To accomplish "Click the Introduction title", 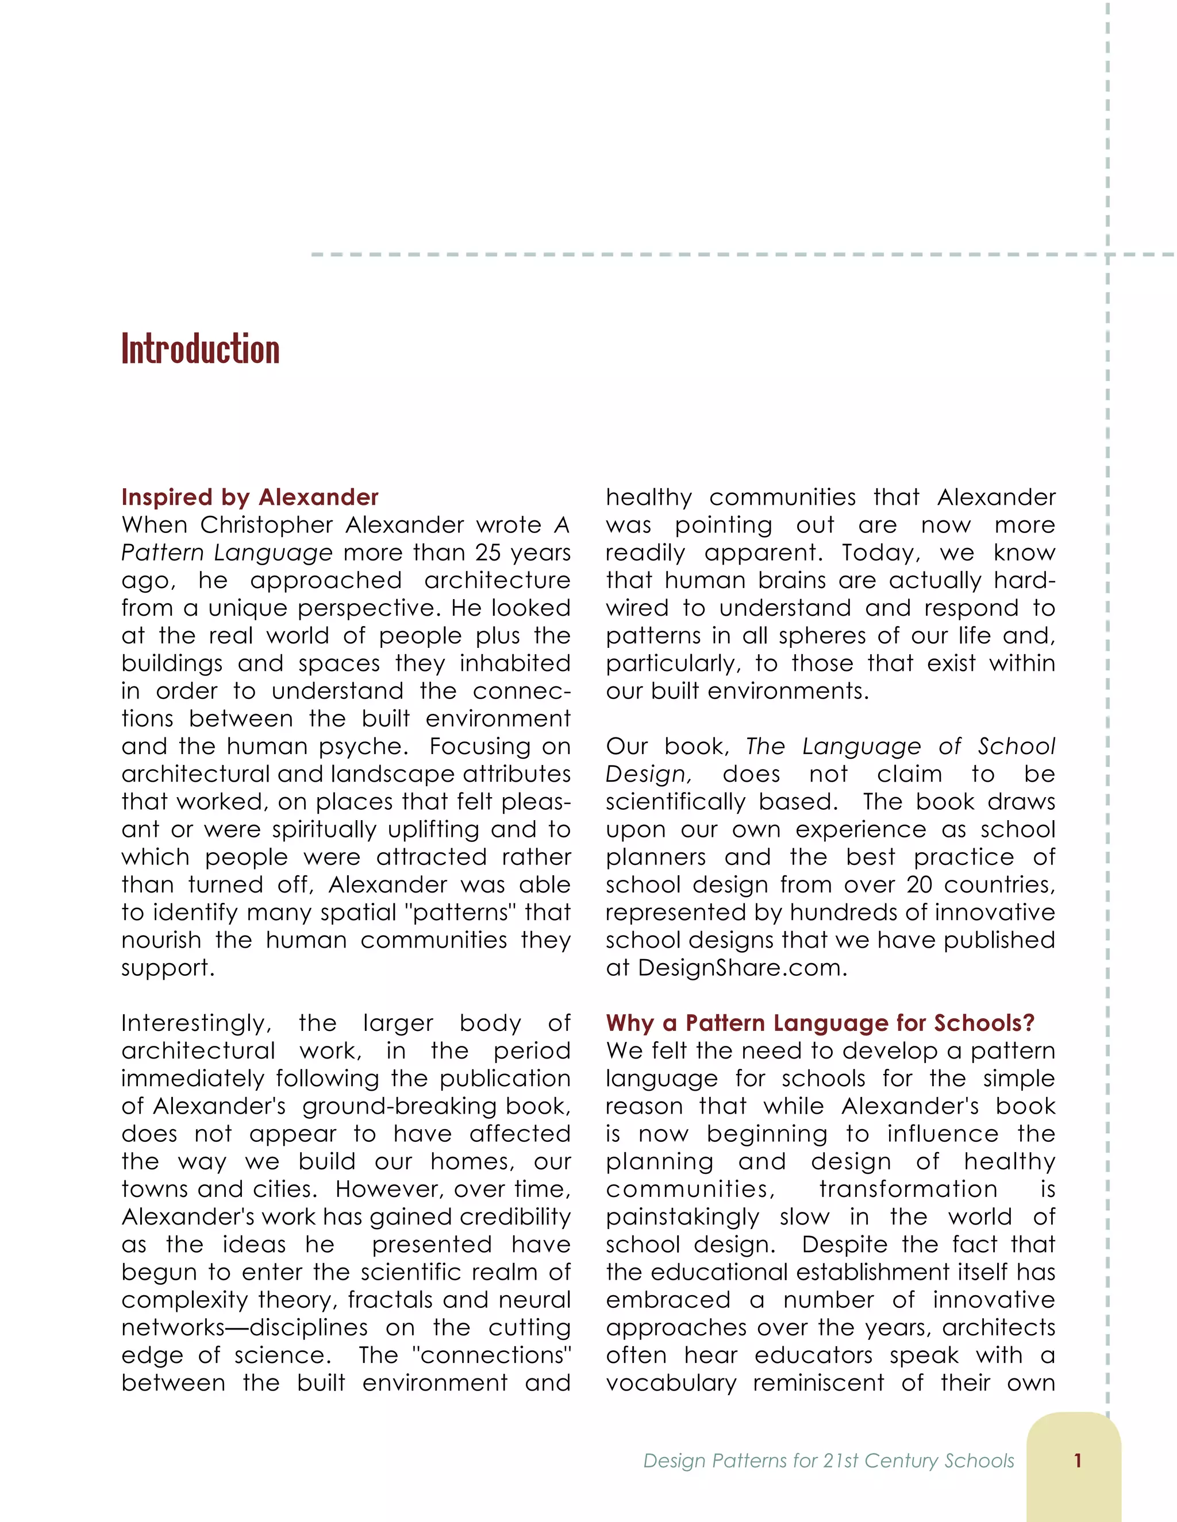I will pyautogui.click(x=200, y=349).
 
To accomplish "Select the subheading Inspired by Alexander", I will pyautogui.click(x=249, y=497).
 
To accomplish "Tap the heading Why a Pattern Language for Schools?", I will pyautogui.click(x=820, y=1022).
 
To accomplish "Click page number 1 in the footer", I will pyautogui.click(x=1078, y=1460).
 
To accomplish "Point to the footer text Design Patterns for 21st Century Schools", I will pyautogui.click(x=828, y=1461).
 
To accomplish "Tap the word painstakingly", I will pyautogui.click(x=683, y=1217).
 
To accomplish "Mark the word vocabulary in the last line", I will pyautogui.click(x=671, y=1382).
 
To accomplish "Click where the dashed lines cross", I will pyautogui.click(x=1107, y=255).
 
